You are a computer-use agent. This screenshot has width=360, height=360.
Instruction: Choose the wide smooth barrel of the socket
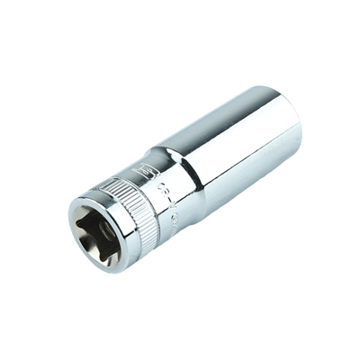point(238,144)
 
